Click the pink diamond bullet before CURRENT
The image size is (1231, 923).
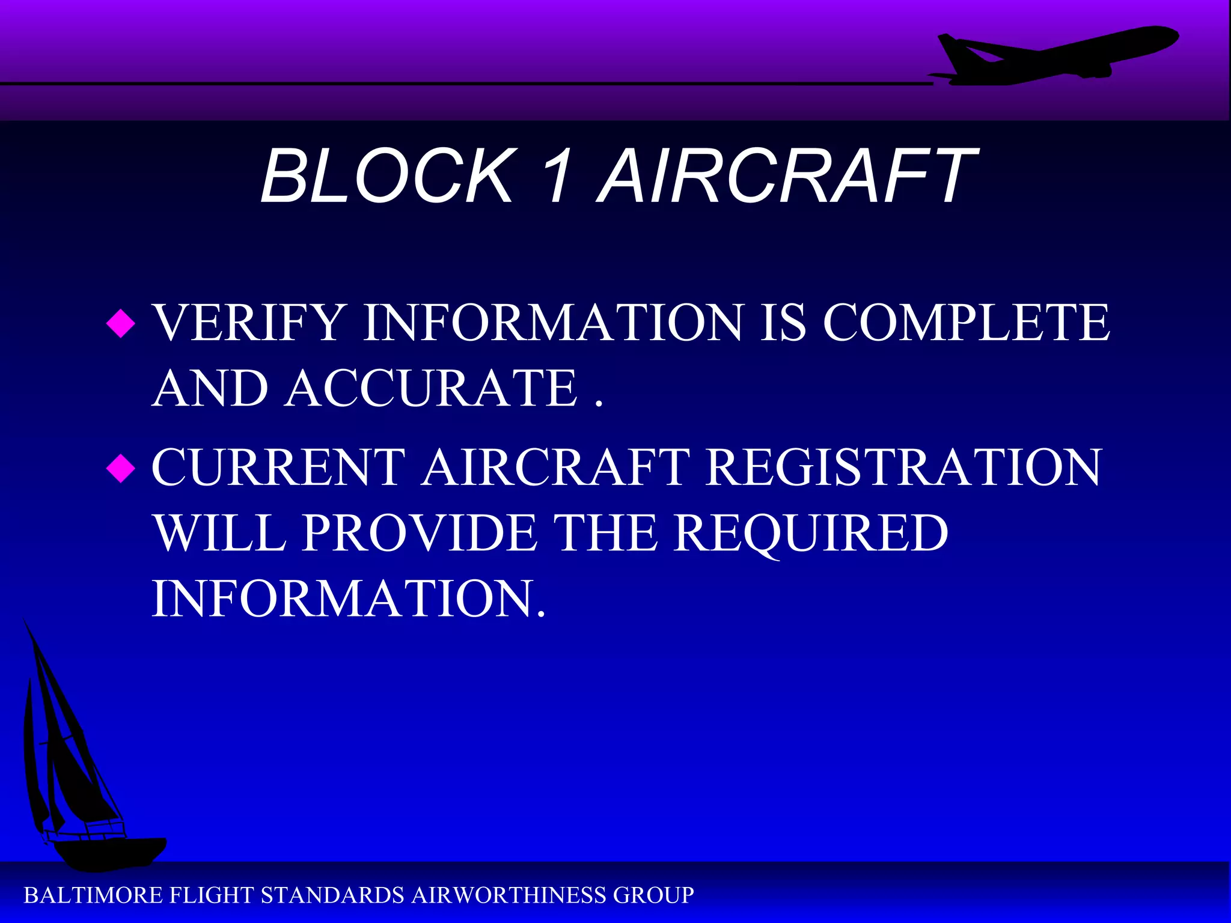[x=121, y=468]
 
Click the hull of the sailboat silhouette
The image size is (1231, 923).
[x=108, y=853]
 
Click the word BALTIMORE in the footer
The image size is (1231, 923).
[x=93, y=896]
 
